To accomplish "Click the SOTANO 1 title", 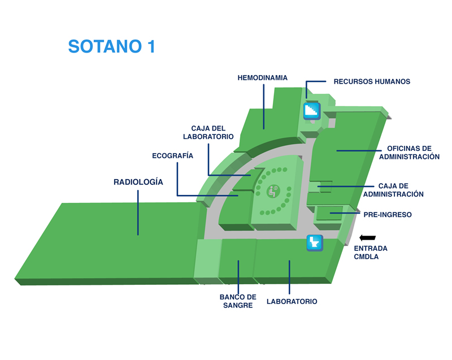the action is (111, 46).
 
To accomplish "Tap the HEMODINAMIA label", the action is (262, 78).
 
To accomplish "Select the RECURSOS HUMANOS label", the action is (372, 81).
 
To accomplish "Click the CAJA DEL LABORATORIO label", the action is (208, 132).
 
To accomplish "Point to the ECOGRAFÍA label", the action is (172, 155).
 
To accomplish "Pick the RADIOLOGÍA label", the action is (138, 182).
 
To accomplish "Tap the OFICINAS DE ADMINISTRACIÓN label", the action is (409, 153).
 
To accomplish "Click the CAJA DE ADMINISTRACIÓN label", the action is (393, 190).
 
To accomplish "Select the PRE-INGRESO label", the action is (388, 215).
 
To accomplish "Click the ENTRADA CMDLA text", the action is (371, 253).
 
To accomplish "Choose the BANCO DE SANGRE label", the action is (238, 301).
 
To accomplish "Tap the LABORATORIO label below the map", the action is (292, 301).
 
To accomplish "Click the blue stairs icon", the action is (312, 111).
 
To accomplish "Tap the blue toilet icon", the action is (315, 242).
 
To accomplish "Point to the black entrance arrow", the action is (368, 238).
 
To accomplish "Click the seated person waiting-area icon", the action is (272, 191).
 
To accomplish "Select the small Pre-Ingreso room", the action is (329, 213).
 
